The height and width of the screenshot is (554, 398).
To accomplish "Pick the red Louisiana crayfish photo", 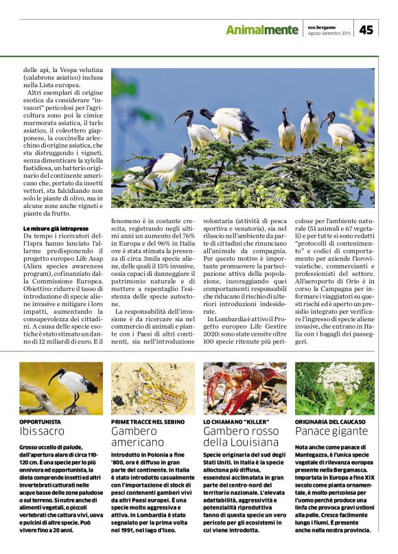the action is pyautogui.click(x=244, y=388).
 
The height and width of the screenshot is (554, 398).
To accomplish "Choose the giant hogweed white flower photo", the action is pyautogui.click(x=336, y=388).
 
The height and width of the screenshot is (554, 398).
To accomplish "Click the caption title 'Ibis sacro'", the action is pyautogui.click(x=43, y=431).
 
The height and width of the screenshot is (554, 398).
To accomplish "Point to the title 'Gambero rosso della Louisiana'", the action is pyautogui.click(x=237, y=437).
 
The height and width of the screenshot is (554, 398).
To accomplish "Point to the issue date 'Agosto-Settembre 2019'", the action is pyautogui.click(x=329, y=33).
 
